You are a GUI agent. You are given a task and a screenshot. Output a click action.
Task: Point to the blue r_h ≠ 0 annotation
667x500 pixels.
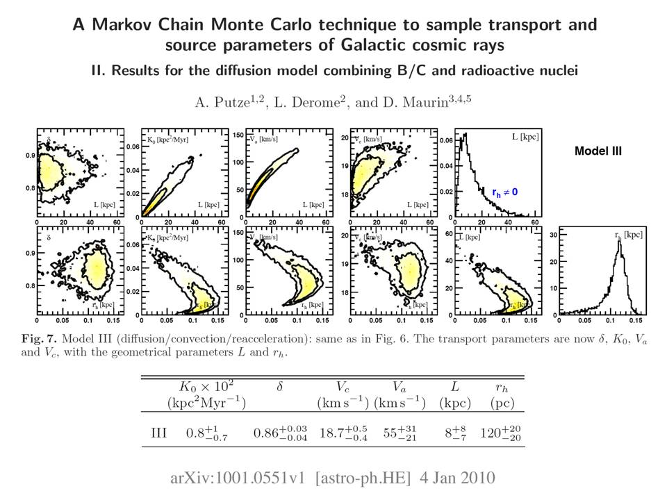(504, 191)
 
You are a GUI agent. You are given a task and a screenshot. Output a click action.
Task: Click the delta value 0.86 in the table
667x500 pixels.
(266, 433)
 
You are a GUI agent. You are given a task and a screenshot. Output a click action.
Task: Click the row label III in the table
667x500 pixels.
(158, 433)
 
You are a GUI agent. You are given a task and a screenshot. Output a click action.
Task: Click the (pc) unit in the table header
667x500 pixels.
(502, 403)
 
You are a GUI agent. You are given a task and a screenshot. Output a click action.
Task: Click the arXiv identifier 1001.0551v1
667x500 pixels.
(258, 478)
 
